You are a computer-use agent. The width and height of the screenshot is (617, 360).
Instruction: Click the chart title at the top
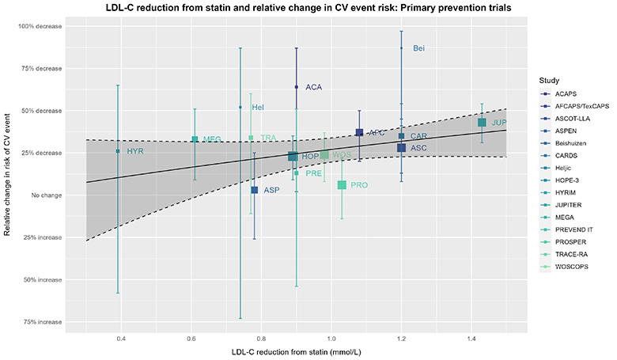pos(308,8)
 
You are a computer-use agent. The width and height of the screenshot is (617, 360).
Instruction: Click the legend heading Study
pos(539,80)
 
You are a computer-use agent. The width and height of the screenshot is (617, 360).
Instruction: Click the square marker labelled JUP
pos(482,122)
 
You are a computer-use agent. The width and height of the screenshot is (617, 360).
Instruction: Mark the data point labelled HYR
pos(118,151)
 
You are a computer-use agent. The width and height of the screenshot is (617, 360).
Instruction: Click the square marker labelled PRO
pos(342,185)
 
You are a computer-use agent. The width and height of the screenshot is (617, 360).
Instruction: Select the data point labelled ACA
pos(296,87)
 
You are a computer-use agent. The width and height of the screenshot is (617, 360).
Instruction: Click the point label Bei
pos(419,49)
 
